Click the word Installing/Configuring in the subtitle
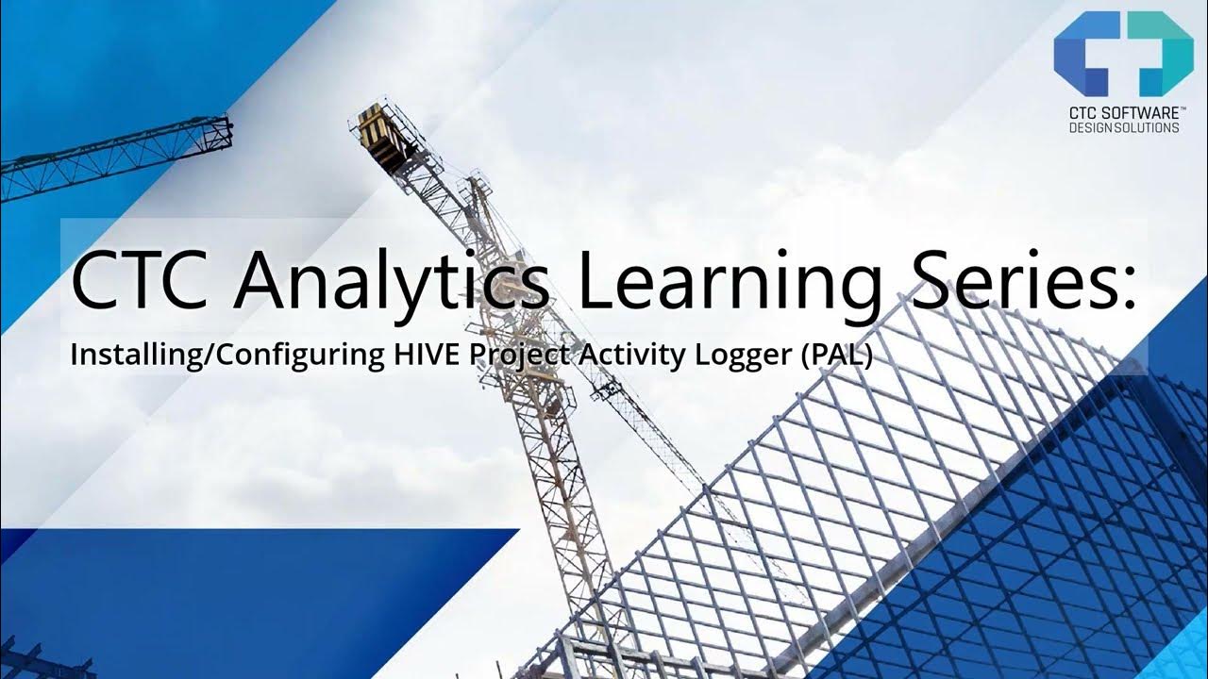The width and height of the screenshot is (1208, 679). click(x=226, y=356)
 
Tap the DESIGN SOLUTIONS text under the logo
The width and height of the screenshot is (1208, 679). click(x=1123, y=128)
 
